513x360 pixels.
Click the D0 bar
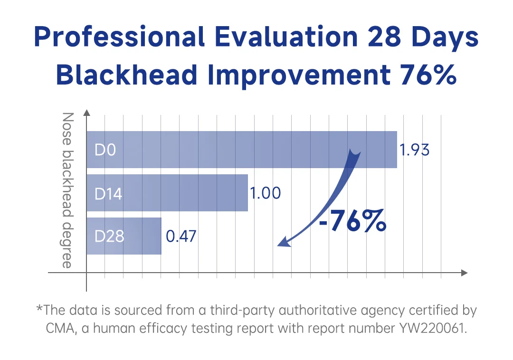point(241,150)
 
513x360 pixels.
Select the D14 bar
point(167,193)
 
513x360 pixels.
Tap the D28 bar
point(124,236)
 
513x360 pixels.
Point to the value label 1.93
point(414,150)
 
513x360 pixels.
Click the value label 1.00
point(266,193)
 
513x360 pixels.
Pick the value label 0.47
point(181,236)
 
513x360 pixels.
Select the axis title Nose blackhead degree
point(68,190)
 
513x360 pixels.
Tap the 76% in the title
point(427,75)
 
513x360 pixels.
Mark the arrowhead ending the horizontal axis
point(464,273)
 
